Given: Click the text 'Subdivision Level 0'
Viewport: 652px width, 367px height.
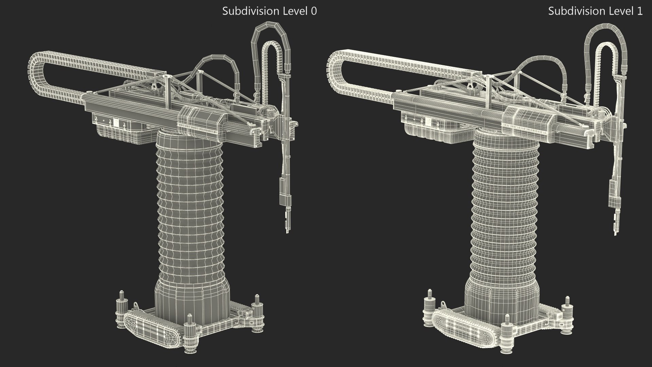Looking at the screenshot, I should pyautogui.click(x=269, y=11).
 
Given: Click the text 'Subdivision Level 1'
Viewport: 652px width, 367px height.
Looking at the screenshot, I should pyautogui.click(x=595, y=11).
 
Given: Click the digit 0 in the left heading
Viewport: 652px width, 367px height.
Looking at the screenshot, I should pyautogui.click(x=314, y=11).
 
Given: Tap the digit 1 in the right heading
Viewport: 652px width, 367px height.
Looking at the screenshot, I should pyautogui.click(x=640, y=11).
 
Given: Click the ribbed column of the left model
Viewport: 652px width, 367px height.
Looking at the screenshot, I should pyautogui.click(x=192, y=204).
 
